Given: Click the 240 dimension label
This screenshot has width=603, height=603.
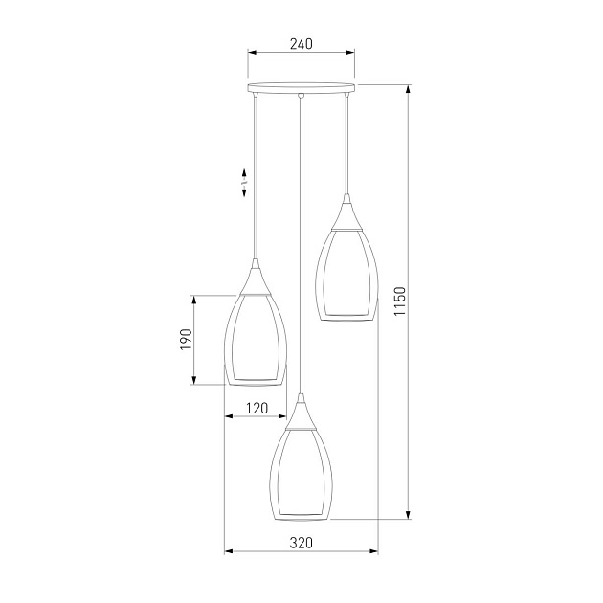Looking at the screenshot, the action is click(301, 44).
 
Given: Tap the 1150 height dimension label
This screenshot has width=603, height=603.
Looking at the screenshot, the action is click(400, 301).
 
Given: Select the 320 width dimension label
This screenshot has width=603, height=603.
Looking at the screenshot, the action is click(301, 543).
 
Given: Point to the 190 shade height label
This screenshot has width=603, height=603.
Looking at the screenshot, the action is click(186, 340).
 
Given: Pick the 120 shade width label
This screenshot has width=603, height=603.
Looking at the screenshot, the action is click(257, 408).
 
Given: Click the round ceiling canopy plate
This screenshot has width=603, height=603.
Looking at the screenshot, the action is click(301, 88).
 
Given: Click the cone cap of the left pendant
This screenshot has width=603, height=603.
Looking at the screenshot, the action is click(255, 277).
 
